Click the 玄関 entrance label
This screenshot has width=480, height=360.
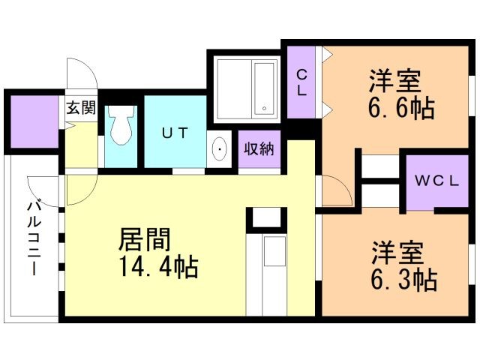(80, 107)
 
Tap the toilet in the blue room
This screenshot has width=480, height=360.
(120, 128)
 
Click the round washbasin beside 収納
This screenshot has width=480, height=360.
(220, 150)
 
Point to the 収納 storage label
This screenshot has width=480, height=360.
(257, 148)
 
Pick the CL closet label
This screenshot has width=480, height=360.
(301, 82)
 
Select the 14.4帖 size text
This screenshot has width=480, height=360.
(156, 266)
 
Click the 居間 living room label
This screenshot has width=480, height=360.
(146, 239)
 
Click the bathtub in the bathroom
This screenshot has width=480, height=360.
(265, 88)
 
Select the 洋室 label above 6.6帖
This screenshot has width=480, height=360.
(394, 79)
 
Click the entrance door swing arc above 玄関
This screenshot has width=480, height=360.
(81, 73)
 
